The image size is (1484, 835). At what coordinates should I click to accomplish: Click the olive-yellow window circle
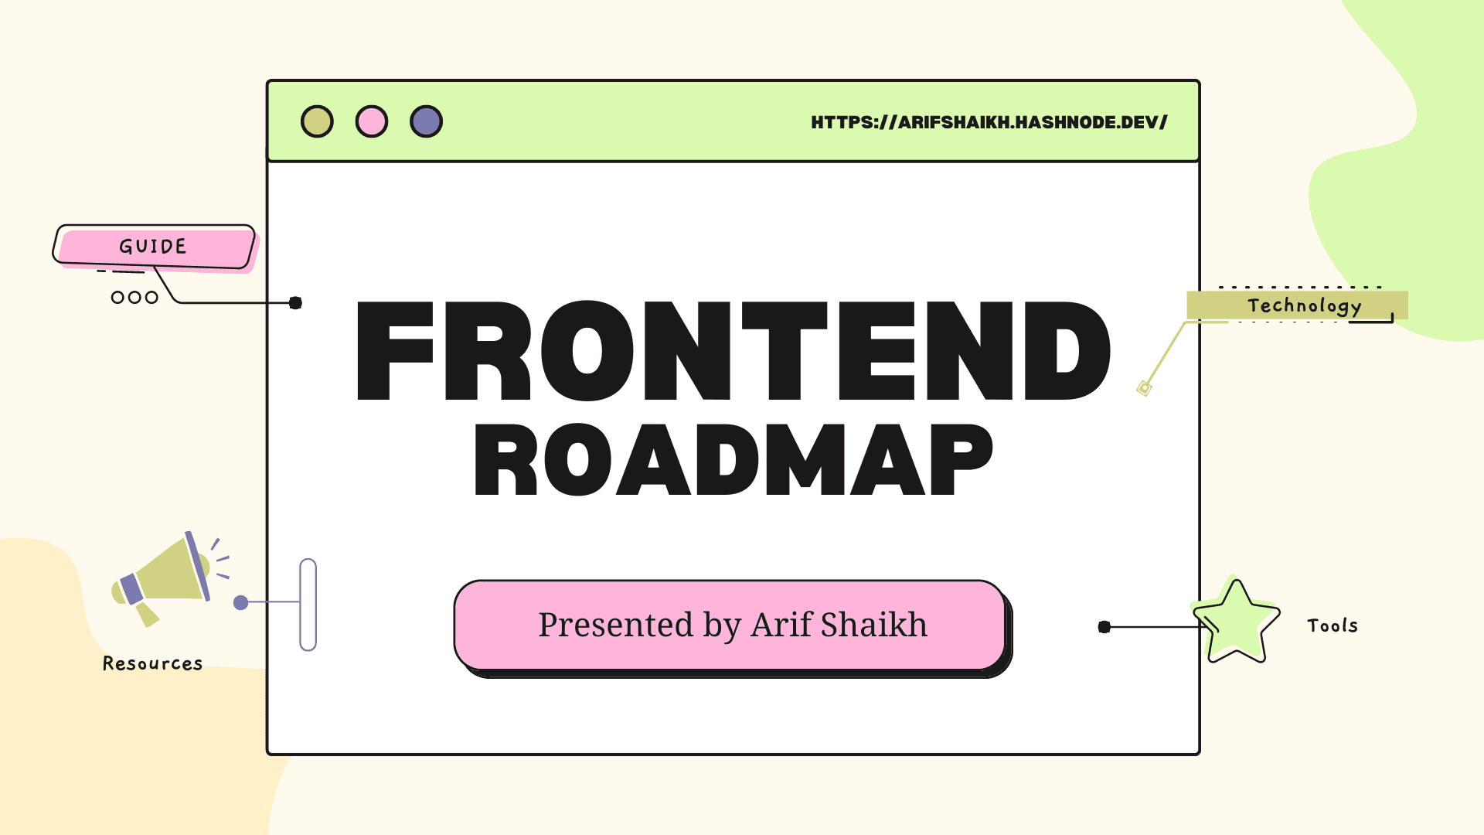coord(317,121)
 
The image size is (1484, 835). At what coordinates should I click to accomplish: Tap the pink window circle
coord(372,121)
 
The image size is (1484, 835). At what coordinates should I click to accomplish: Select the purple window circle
coord(426,121)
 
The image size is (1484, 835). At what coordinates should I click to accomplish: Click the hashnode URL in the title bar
coord(989,122)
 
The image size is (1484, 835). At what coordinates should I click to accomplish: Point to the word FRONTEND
coord(733,351)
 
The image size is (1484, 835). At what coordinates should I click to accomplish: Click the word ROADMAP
coord(733,460)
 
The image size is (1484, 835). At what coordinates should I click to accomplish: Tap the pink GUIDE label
coord(154,247)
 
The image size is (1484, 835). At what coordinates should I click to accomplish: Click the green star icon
coord(1236,620)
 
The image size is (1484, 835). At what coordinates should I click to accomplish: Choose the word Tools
coord(1333,625)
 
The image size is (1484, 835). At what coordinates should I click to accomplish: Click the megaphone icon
coord(166,578)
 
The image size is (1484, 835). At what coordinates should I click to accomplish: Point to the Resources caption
coord(152,663)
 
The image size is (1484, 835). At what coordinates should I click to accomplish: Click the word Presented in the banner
coord(616,624)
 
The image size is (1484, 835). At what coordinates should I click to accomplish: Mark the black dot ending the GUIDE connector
coord(295,303)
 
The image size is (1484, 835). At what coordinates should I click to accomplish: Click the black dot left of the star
coord(1104,627)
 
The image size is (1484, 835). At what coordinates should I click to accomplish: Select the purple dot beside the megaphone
coord(241,602)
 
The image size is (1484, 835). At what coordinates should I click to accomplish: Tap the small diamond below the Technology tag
coord(1145,388)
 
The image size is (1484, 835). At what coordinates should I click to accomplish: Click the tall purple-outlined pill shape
coord(308,605)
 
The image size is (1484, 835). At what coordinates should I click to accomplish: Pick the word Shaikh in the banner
coord(874,624)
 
